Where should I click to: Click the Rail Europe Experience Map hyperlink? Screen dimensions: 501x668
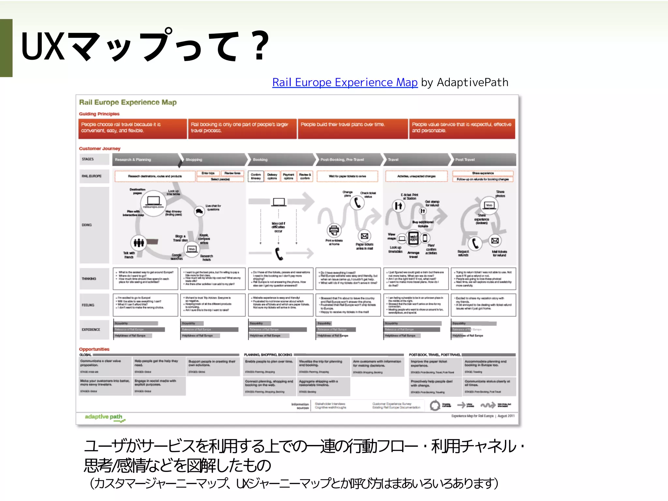pyautogui.click(x=345, y=83)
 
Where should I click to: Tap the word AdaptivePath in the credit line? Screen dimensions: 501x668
pyautogui.click(x=472, y=83)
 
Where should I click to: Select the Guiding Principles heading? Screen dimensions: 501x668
pyautogui.click(x=99, y=114)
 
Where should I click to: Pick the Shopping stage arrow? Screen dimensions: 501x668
pyautogui.click(x=214, y=159)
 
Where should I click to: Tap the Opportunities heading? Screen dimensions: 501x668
pyautogui.click(x=94, y=349)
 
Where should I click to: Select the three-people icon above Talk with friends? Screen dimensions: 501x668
pyautogui.click(x=139, y=242)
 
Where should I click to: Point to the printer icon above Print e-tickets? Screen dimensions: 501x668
pyautogui.click(x=334, y=230)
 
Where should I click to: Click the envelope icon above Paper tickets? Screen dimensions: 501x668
pyautogui.click(x=365, y=236)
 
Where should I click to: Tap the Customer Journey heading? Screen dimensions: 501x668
pyautogui.click(x=100, y=148)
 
